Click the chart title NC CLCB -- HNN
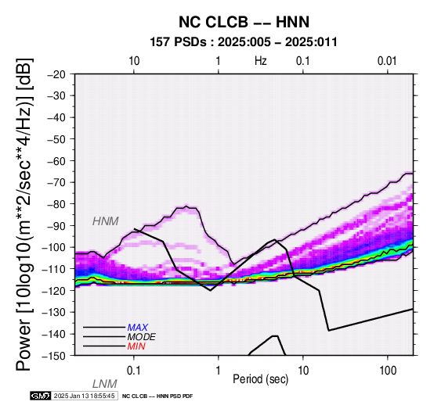[x=244, y=22]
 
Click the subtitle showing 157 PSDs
[x=244, y=42]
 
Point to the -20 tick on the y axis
[x=56, y=74]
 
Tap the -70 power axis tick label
[x=56, y=182]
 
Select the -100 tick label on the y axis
[x=54, y=247]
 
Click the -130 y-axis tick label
[x=54, y=312]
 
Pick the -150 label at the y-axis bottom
[x=54, y=356]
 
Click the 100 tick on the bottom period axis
[x=388, y=371]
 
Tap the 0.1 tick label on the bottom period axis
[x=134, y=371]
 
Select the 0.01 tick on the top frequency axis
[x=387, y=61]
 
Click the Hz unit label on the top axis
[x=261, y=61]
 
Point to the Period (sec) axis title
[x=260, y=379]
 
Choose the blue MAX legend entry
[x=138, y=328]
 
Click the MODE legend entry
[x=142, y=337]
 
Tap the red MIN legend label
[x=136, y=346]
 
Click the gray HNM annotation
[x=106, y=221]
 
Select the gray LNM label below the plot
[x=105, y=384]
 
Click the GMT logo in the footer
[x=41, y=396]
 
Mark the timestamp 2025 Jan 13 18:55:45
[x=84, y=396]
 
